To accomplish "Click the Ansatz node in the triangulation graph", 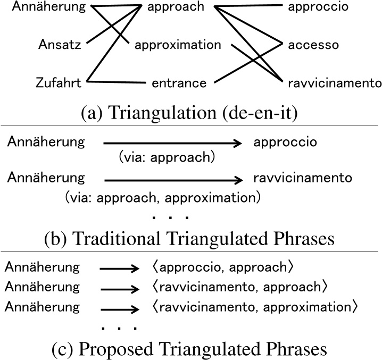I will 60,45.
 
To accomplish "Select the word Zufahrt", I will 59,83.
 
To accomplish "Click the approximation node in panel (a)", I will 178,45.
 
